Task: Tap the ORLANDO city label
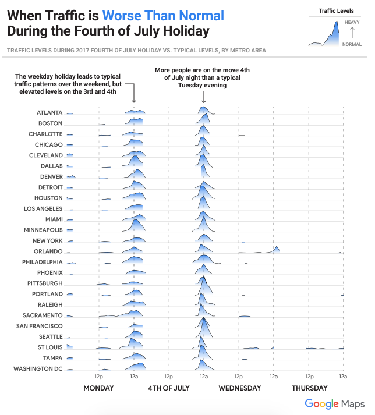pos(48,251)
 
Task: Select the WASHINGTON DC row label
pos(38,368)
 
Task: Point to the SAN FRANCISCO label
pos(39,326)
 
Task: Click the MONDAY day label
pos(98,388)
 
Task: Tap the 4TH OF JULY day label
pos(169,388)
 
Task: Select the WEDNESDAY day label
pos(240,388)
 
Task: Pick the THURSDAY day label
pos(309,388)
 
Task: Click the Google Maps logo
pos(335,403)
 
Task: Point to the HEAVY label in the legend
pos(352,22)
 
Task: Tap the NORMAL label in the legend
pos(352,44)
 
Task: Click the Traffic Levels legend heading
pos(337,10)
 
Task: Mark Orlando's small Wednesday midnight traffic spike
pos(277,249)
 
